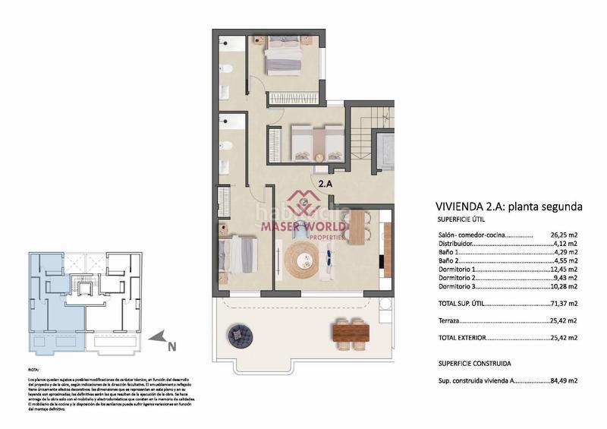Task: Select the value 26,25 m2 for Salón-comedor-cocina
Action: tap(563, 235)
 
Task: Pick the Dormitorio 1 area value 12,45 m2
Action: tap(563, 269)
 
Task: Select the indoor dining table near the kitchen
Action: tap(356, 226)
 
